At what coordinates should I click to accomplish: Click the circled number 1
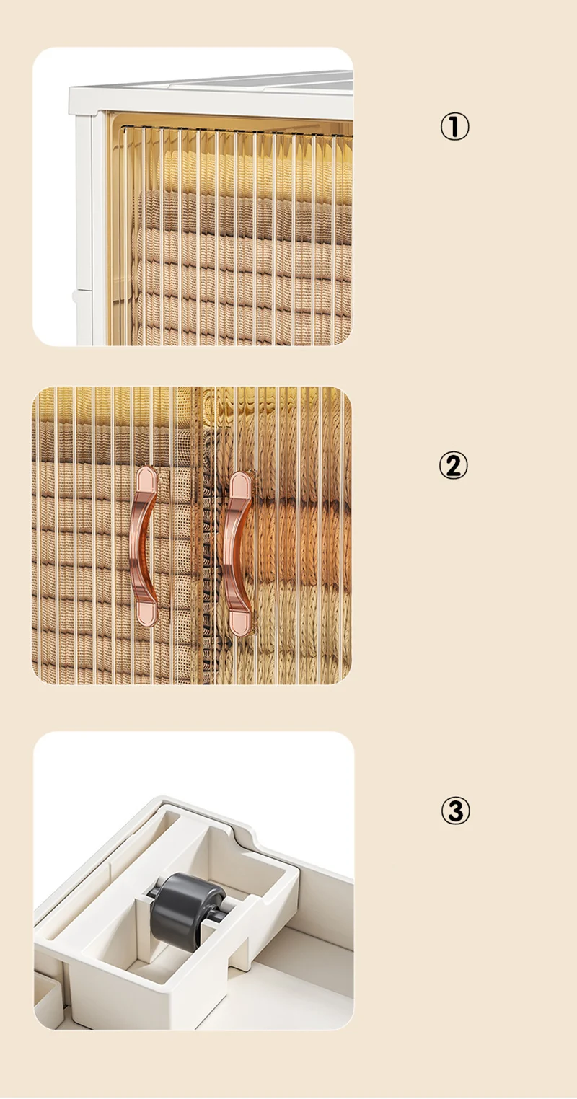click(454, 127)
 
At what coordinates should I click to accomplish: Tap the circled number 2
click(454, 466)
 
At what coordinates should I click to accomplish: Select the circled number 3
click(455, 811)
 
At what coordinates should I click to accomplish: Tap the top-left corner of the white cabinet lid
click(70, 88)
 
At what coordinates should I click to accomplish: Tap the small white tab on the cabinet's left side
click(75, 296)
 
